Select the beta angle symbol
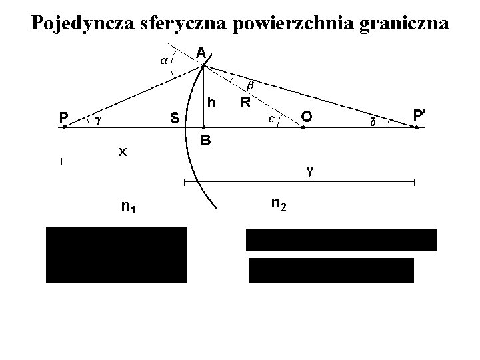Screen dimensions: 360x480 pos(251,85)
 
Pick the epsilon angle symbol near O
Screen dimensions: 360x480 pos(272,118)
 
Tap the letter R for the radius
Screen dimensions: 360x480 pos(245,103)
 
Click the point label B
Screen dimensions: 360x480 pos(206,141)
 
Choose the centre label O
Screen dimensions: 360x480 pos(305,117)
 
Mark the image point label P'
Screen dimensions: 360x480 pos(419,115)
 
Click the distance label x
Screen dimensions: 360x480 pos(122,152)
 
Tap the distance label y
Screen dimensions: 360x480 pos(310,170)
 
